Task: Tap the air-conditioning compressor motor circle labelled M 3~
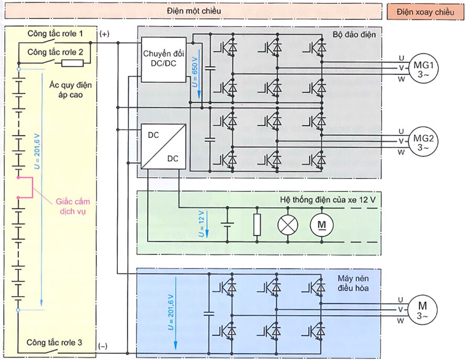422,310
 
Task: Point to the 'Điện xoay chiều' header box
425,12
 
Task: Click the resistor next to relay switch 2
72,63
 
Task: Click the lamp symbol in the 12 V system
287,224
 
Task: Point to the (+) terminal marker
104,34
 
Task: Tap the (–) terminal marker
103,345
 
